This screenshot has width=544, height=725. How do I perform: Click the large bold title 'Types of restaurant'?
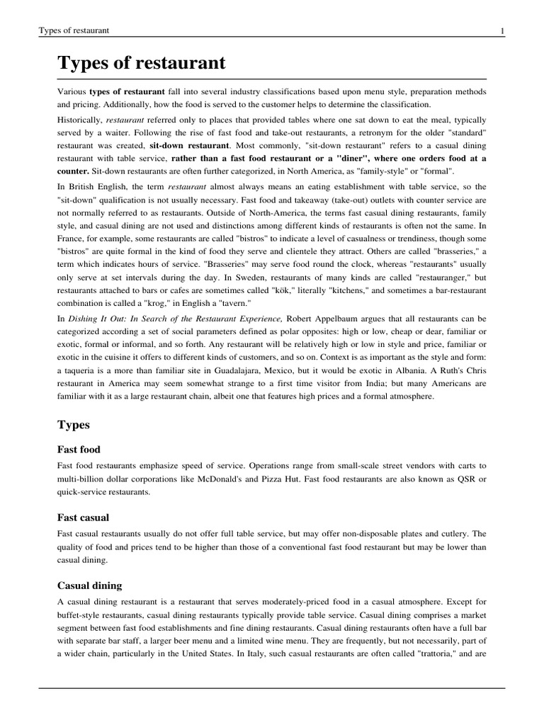click(141, 63)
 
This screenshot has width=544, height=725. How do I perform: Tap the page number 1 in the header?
click(501, 30)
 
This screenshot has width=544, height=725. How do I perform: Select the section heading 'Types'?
click(73, 425)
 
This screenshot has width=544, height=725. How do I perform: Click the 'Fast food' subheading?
click(79, 450)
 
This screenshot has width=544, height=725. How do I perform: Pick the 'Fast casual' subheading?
click(83, 518)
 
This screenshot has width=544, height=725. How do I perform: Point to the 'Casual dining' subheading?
click(89, 586)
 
